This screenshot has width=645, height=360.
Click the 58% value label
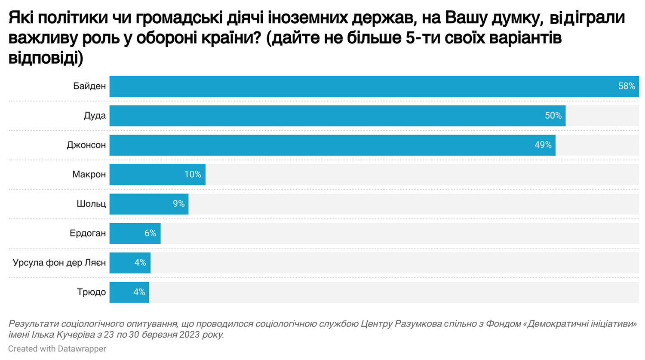pyautogui.click(x=627, y=86)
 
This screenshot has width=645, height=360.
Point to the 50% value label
pyautogui.click(x=553, y=116)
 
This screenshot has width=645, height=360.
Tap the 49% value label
pyautogui.click(x=543, y=145)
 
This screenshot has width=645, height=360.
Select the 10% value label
pyautogui.click(x=193, y=175)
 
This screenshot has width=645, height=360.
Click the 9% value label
pyautogui.click(x=178, y=204)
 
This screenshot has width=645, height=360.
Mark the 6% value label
pyautogui.click(x=150, y=234)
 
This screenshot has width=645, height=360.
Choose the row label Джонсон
pyautogui.click(x=86, y=145)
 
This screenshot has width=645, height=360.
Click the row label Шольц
pyautogui.click(x=91, y=204)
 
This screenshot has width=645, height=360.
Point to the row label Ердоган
pyautogui.click(x=88, y=234)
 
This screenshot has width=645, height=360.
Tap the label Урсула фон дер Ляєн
pyautogui.click(x=59, y=263)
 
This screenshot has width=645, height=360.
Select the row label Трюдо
pyautogui.click(x=91, y=292)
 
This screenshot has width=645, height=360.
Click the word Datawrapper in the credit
pyautogui.click(x=82, y=349)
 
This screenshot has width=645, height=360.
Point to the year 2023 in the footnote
pyautogui.click(x=190, y=335)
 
